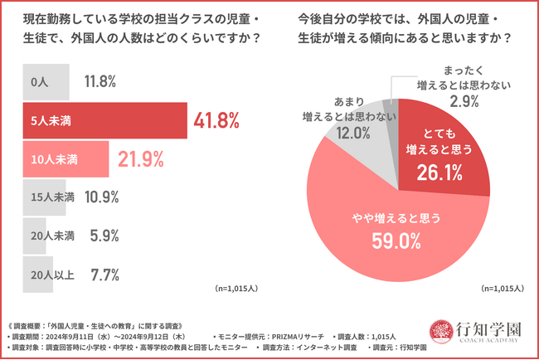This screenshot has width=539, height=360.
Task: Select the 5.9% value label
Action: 94,236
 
